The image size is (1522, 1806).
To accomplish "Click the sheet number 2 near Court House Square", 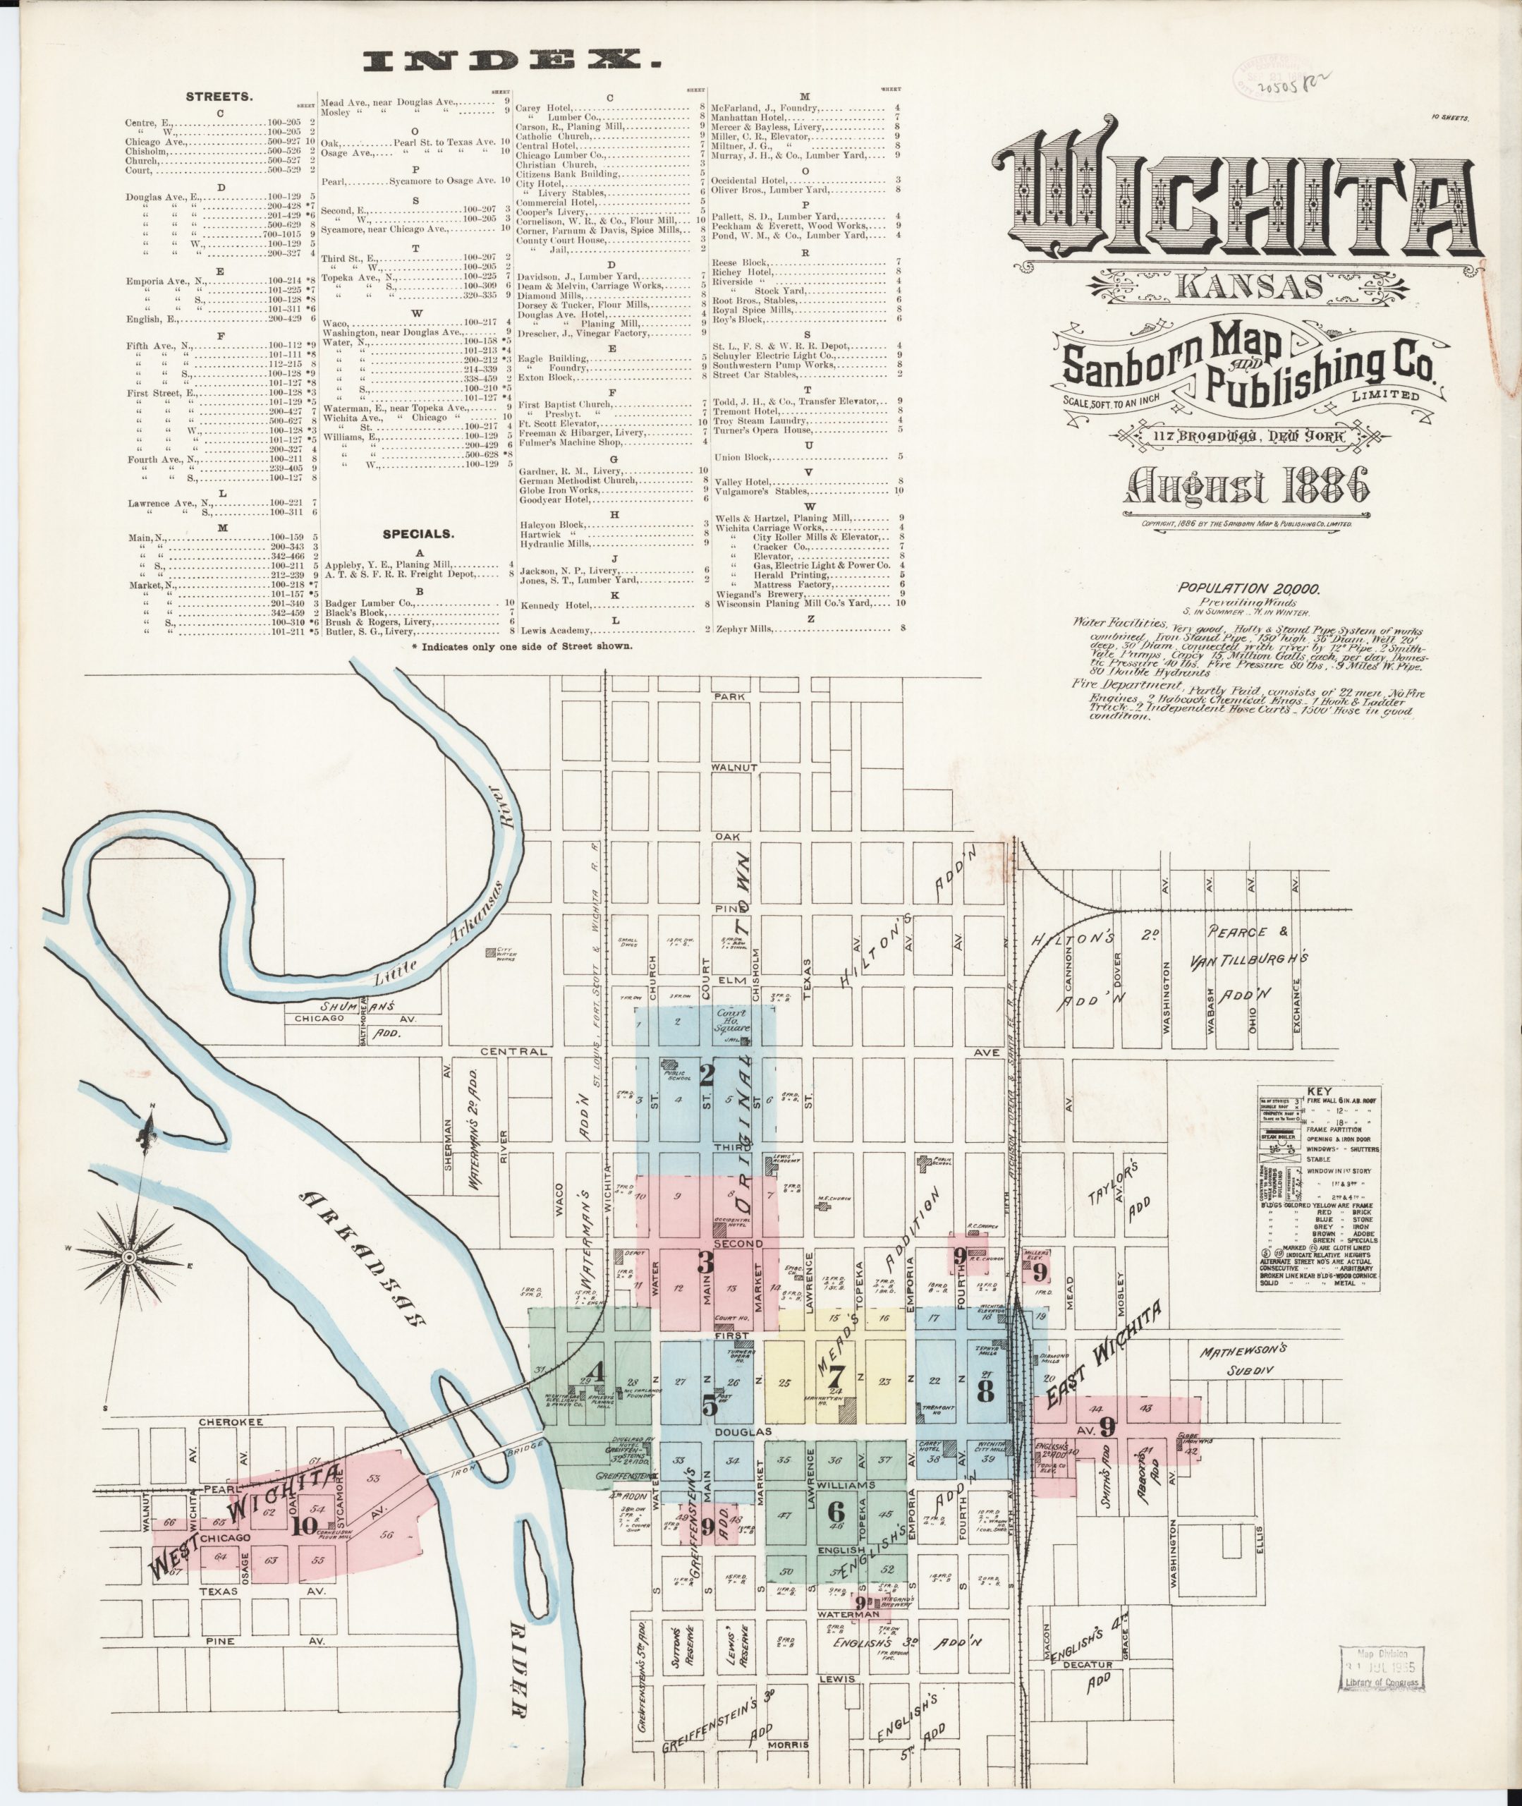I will point(707,1077).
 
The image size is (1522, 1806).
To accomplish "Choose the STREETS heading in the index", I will point(221,97).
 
